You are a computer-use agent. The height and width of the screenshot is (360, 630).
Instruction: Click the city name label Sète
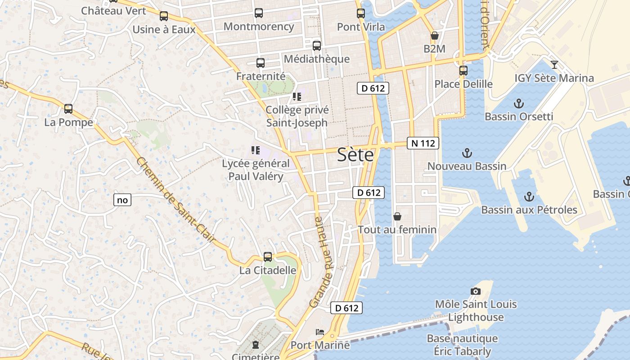[x=355, y=155]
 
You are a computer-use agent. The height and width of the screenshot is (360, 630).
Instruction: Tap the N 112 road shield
[x=423, y=144]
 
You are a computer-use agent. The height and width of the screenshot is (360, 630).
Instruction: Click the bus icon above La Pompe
[x=68, y=109]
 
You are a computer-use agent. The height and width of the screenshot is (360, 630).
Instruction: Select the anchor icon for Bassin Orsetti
[x=519, y=103]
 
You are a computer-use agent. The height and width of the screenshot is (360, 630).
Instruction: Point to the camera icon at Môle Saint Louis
[x=475, y=292]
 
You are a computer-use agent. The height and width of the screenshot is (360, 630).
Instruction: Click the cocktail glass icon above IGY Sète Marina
[x=554, y=65]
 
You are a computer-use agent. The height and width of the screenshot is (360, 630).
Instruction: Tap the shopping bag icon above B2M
[x=435, y=36]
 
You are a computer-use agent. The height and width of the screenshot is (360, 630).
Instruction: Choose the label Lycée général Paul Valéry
[x=256, y=170]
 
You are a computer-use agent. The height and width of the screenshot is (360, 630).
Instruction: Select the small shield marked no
[x=122, y=200]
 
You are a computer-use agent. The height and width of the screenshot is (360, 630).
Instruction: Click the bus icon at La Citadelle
[x=268, y=257]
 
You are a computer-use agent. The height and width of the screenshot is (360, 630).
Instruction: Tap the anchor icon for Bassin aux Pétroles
[x=529, y=197]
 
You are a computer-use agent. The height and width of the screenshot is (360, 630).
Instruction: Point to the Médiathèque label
[x=316, y=59]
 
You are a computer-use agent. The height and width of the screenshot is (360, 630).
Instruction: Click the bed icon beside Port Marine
[x=320, y=333]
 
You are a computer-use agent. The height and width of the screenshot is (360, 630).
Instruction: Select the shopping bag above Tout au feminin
[x=397, y=216]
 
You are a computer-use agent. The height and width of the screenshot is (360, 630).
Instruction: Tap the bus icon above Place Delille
[x=463, y=71]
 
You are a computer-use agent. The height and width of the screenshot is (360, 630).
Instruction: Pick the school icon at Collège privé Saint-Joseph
[x=297, y=97]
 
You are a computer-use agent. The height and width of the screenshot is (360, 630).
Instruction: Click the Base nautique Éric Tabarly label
[x=462, y=344]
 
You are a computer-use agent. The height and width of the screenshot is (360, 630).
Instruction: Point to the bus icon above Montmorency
[x=259, y=13]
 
